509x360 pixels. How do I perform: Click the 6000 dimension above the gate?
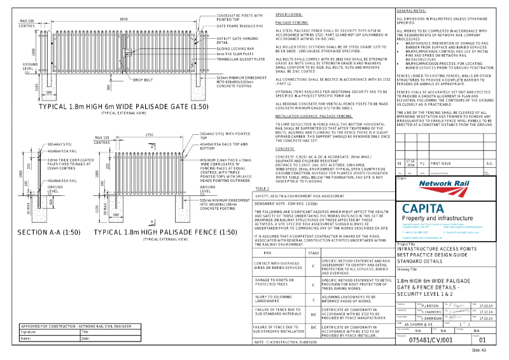[x=123, y=18]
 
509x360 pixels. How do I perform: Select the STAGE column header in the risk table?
[x=313, y=253]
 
